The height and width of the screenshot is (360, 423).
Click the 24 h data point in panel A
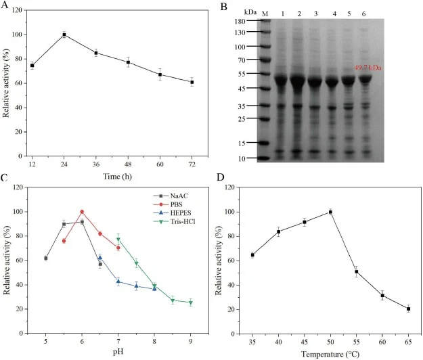(x=64, y=35)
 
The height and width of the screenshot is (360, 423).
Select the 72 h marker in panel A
(x=192, y=82)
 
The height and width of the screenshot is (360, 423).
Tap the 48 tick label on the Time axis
(x=128, y=164)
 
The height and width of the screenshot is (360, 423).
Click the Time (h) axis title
(x=117, y=177)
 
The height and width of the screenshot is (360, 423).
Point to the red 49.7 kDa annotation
(x=368, y=68)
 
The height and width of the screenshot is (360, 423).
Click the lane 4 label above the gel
(x=334, y=14)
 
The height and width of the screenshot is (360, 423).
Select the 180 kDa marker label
(x=240, y=21)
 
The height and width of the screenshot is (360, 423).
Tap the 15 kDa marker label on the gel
(x=242, y=143)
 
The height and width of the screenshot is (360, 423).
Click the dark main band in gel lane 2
(x=298, y=81)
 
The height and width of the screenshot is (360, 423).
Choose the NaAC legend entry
(x=171, y=196)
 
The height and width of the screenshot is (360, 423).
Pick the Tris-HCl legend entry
(x=174, y=222)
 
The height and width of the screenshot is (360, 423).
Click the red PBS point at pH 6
(x=82, y=212)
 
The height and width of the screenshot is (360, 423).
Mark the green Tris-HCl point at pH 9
(x=191, y=302)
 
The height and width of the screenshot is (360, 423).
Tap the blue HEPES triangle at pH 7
(x=118, y=282)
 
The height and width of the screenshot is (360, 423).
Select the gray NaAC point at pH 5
(x=46, y=258)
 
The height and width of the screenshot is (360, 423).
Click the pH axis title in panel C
(x=118, y=352)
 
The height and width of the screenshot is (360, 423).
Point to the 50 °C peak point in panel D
(x=330, y=212)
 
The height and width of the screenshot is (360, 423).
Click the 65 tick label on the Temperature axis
(x=408, y=342)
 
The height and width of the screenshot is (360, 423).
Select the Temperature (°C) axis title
(x=330, y=354)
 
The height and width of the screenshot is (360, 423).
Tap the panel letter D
(x=221, y=177)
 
